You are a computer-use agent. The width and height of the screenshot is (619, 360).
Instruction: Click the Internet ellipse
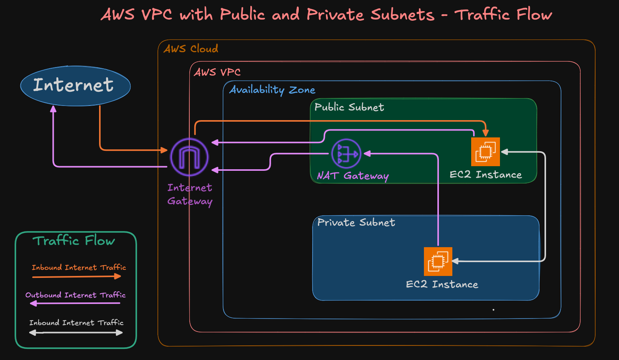coord(75,86)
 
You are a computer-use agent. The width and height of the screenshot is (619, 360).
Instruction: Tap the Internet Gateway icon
coord(189,157)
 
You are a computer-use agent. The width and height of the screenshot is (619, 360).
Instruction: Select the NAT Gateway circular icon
coord(346,154)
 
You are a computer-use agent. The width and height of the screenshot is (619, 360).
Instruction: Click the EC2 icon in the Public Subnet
coord(485,152)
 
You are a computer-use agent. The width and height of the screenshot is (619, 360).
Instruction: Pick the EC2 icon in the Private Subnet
coord(438,261)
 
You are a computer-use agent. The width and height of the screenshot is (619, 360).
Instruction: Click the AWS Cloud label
coord(191,49)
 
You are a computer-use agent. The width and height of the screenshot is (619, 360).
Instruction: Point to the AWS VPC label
coord(217,72)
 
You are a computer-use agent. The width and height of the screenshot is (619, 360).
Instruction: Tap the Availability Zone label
coord(272,90)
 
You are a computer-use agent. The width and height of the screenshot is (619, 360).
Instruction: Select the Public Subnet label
coord(349,107)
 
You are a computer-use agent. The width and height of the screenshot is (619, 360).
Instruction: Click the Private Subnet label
coord(356,223)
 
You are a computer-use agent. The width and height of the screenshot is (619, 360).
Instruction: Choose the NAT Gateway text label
coord(353,176)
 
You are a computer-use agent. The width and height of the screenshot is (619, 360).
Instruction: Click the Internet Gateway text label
coord(190,195)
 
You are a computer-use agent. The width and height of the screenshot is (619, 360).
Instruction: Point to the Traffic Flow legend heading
coord(74,241)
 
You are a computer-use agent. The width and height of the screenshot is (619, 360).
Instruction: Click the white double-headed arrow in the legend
coord(76,333)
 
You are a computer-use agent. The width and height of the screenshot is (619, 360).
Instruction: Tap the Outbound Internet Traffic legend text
coord(76,295)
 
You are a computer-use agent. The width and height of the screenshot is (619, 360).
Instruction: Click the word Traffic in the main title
coord(482,15)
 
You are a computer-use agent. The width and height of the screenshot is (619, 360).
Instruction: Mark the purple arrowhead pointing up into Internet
coord(53,109)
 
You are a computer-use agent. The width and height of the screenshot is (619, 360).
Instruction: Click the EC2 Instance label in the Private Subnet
coord(442,284)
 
